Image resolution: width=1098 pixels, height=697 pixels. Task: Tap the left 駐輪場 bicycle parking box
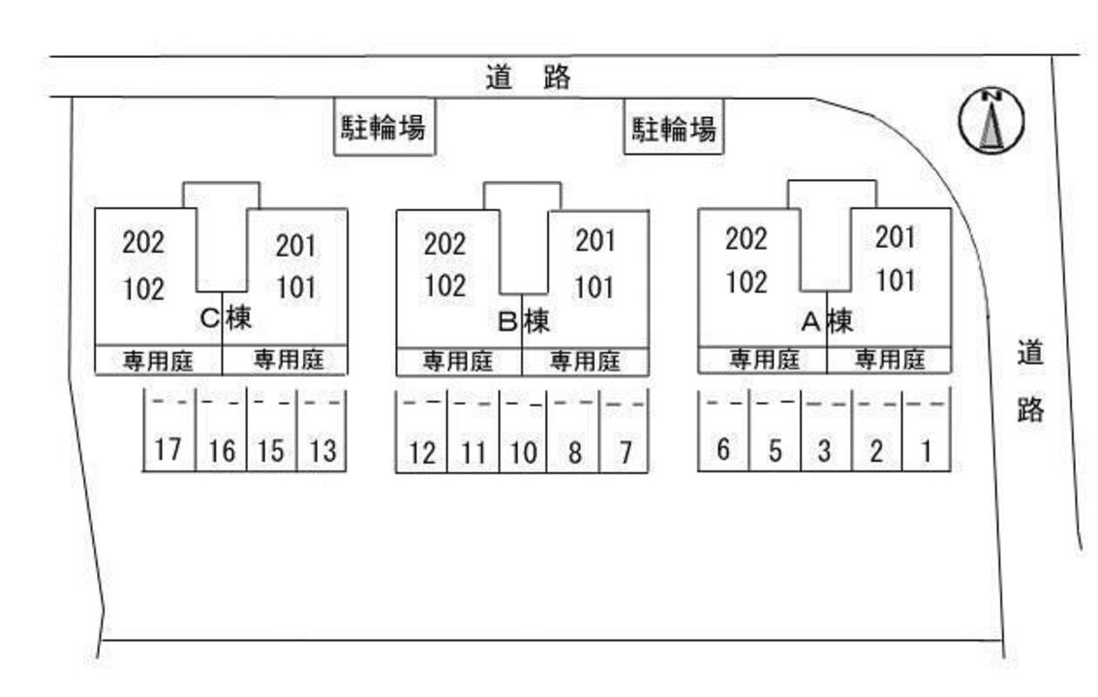pos(384,127)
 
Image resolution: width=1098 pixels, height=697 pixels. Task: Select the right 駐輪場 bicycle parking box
pos(674,128)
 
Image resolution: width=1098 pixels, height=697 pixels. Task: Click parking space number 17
pos(168,449)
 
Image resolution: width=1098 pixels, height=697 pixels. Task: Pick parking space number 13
pos(321,450)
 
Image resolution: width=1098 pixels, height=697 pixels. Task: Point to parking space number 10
pos(523,452)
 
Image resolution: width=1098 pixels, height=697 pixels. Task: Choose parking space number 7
pos(625,452)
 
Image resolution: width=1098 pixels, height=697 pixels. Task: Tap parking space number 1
pos(927,450)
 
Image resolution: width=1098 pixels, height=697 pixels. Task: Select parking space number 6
pos(722,449)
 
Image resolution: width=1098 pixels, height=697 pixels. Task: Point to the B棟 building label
pos(524,320)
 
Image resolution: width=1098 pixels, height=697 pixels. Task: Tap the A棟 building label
pos(826,319)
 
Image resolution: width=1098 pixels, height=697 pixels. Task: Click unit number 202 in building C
pos(143,242)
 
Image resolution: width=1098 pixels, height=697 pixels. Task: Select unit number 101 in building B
pos(594,288)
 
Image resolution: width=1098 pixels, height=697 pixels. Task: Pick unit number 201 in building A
pos(896,236)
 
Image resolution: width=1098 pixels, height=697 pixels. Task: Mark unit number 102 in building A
pos(747,282)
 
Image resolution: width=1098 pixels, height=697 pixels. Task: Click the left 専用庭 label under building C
pos(158,361)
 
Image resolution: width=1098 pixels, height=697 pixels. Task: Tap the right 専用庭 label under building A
pos(889,360)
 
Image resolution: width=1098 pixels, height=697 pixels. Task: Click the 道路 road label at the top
pos(529,77)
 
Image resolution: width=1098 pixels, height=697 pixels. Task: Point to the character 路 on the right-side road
pos(1030,409)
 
